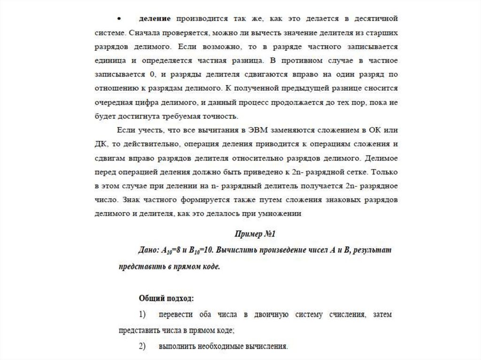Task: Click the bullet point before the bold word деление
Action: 119,19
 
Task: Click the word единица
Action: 109,61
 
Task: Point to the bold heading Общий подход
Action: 166,298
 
